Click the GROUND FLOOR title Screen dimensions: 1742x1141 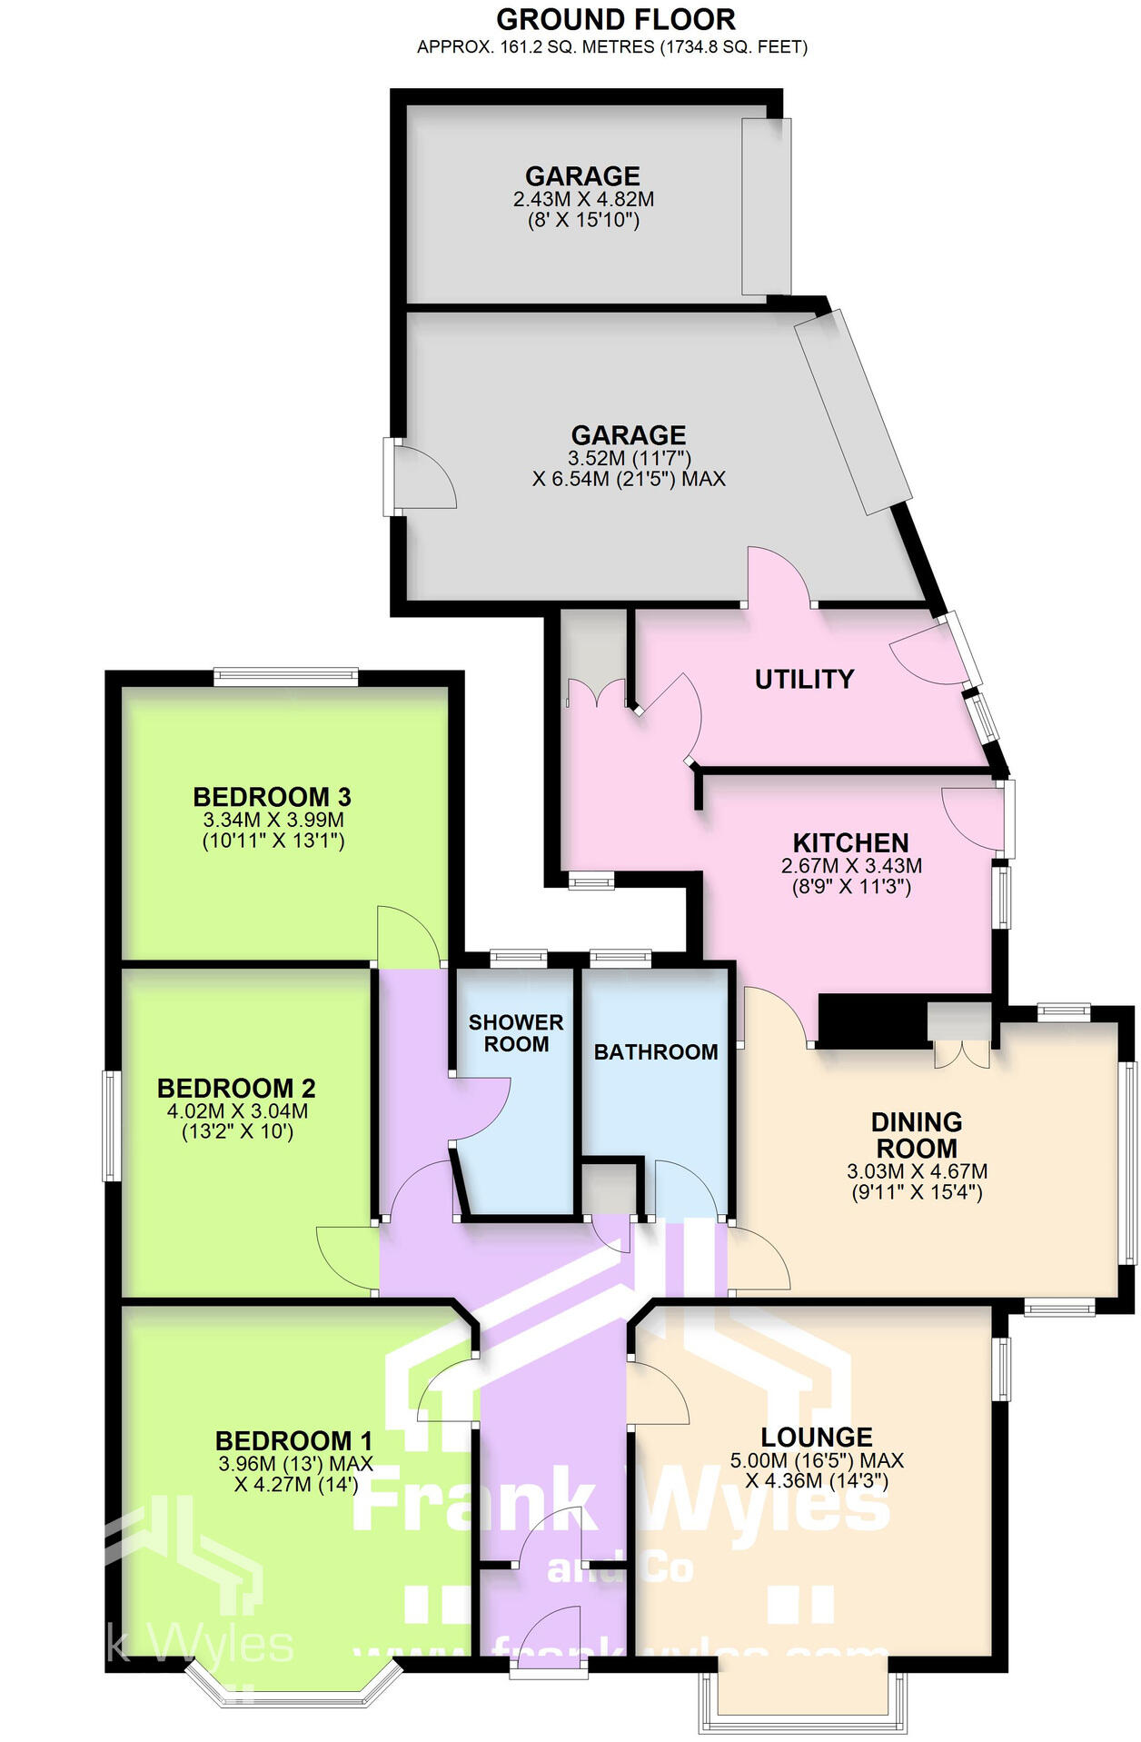coord(615,19)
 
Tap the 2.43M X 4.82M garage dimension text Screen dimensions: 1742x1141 coord(582,199)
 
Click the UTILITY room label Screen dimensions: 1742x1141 coord(804,679)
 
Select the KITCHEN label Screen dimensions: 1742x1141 coord(850,842)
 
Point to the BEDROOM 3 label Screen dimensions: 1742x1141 coord(272,797)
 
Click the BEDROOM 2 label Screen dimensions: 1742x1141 coord(236,1088)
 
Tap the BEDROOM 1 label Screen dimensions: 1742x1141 coord(293,1440)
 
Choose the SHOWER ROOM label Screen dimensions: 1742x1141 coord(516,1033)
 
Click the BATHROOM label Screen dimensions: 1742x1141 coord(656,1052)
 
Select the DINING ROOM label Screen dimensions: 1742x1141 coord(916,1135)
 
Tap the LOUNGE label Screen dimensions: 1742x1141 coord(817,1437)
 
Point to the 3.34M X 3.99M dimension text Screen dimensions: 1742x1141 coord(273,820)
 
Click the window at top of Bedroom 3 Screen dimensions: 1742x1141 coord(286,676)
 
